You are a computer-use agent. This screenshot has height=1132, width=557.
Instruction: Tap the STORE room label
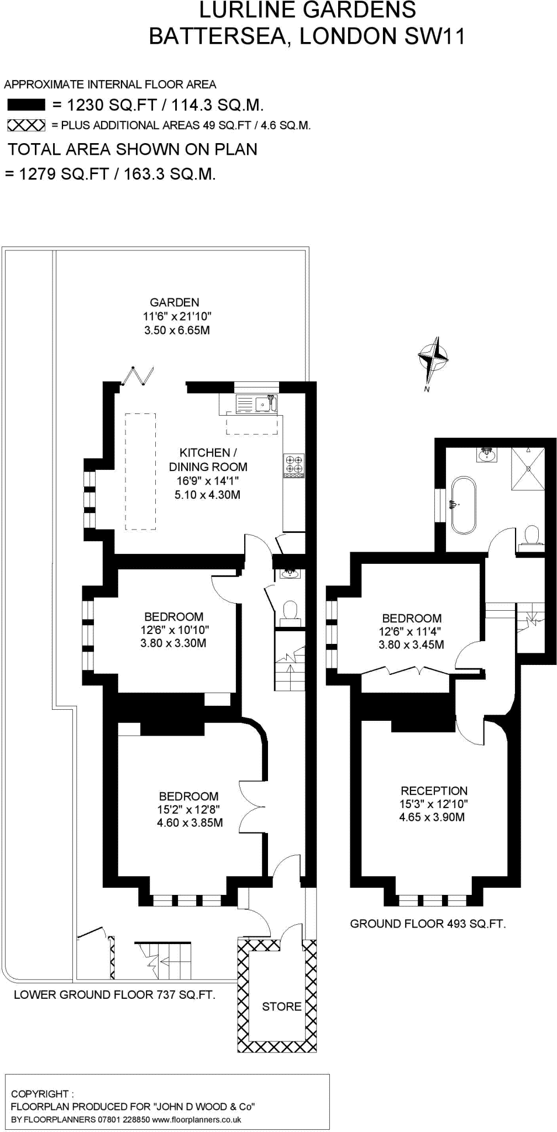(x=281, y=1007)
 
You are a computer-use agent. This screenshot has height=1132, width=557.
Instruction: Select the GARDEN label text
(x=175, y=302)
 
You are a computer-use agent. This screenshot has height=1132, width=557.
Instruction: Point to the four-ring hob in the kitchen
(x=293, y=465)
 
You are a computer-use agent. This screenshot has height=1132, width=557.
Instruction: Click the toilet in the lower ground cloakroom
(x=290, y=612)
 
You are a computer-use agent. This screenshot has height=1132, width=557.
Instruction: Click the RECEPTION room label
(x=434, y=791)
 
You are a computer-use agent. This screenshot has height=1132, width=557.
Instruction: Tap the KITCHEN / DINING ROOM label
(x=208, y=459)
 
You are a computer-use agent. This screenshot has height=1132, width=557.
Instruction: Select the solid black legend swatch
(x=26, y=105)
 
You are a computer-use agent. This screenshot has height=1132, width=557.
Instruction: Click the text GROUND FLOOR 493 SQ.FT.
(x=428, y=924)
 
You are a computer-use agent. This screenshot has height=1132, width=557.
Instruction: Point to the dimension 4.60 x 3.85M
(x=190, y=823)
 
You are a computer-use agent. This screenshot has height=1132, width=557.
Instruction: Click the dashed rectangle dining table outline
(x=140, y=471)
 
